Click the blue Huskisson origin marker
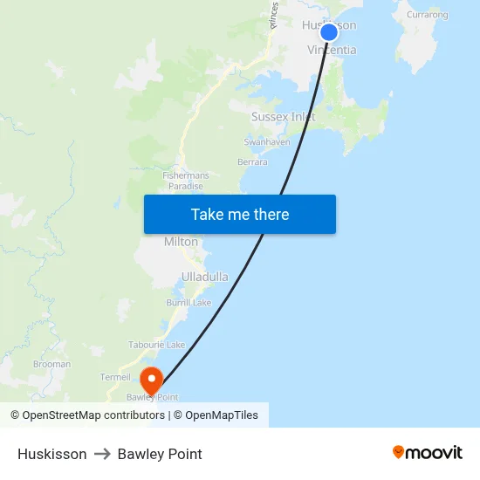coord(329,32)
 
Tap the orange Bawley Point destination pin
coord(151,380)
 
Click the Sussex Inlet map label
coord(284,116)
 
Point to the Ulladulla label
coord(205,277)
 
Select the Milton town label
coord(182,242)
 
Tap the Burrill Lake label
coord(189,303)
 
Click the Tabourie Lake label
coord(157,346)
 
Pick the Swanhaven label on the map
coord(267,141)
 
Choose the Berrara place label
coord(252,161)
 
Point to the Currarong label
coord(428,15)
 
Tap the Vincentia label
coord(333,51)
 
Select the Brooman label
coord(51,364)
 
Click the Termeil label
coord(115,377)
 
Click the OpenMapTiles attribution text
coord(222,415)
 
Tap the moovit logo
coord(428,453)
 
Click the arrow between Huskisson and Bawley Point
coord(102,454)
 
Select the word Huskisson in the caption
coord(51,454)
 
